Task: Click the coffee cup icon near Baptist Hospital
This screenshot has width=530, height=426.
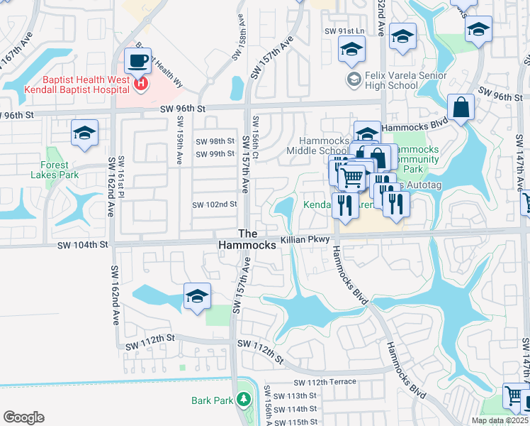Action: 137,60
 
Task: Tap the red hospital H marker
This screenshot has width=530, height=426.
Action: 141,84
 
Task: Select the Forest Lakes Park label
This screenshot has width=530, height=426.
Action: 50,170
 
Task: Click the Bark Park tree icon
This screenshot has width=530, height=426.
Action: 243,400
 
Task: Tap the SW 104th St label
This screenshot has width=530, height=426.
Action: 84,244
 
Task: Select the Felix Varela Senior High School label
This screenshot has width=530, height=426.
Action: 391,80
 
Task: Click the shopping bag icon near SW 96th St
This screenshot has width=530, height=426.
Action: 461,108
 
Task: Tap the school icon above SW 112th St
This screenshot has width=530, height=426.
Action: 197,295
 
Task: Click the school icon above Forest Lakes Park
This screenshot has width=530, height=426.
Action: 84,133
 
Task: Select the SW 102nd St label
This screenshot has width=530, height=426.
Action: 214,204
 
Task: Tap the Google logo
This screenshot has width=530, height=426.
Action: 23,417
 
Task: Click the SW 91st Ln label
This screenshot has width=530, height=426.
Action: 344,31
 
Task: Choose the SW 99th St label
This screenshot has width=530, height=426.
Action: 215,154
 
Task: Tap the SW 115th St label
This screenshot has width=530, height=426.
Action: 295,422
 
